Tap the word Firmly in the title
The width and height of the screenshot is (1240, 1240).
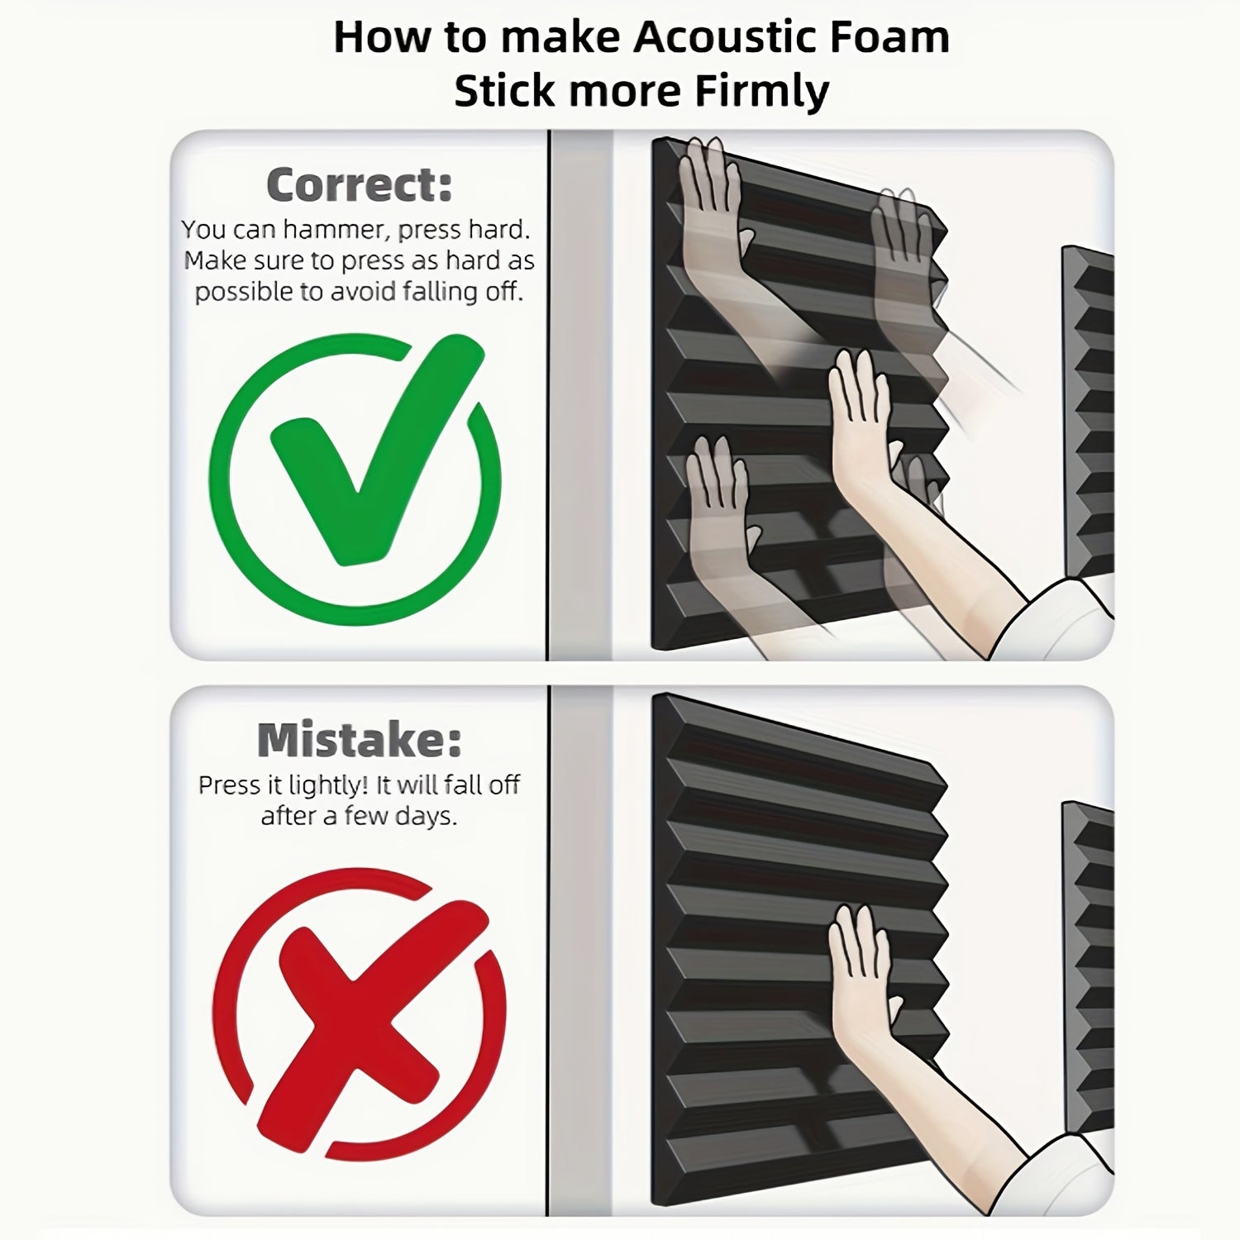(761, 92)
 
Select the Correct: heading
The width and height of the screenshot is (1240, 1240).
(360, 184)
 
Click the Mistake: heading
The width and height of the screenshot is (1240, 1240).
(360, 740)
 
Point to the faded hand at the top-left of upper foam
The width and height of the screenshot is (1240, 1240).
(711, 207)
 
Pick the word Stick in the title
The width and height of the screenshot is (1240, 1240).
(505, 92)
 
